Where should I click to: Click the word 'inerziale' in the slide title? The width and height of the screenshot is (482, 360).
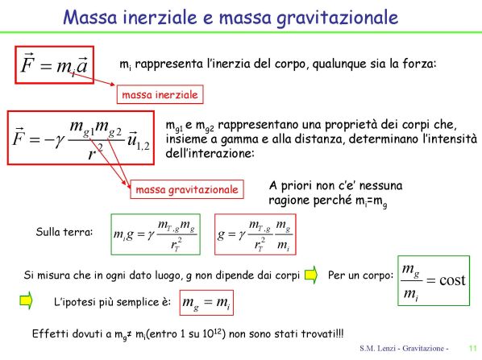pyautogui.click(x=160, y=17)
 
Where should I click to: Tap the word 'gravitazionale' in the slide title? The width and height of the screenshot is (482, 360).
pyautogui.click(x=337, y=19)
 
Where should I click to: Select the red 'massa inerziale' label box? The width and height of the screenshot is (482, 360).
pyautogui.click(x=160, y=94)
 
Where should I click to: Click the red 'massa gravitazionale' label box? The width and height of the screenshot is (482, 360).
pyautogui.click(x=187, y=189)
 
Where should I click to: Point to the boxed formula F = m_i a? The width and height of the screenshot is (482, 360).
pyautogui.click(x=55, y=64)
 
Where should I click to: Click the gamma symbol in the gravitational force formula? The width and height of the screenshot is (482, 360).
pyautogui.click(x=60, y=141)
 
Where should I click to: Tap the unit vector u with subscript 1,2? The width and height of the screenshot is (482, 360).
pyautogui.click(x=139, y=141)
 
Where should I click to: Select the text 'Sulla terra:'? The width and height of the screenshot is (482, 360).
pyautogui.click(x=64, y=232)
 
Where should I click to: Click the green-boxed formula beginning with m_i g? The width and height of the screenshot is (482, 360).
pyautogui.click(x=156, y=234)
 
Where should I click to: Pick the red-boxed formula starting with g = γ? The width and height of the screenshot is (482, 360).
pyautogui.click(x=256, y=234)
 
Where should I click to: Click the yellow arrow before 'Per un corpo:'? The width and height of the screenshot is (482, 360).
pyautogui.click(x=311, y=275)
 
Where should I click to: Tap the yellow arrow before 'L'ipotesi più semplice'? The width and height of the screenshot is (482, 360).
pyautogui.click(x=26, y=300)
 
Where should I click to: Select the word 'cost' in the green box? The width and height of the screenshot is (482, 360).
pyautogui.click(x=452, y=279)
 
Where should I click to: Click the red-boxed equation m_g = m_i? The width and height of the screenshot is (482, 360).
pyautogui.click(x=206, y=303)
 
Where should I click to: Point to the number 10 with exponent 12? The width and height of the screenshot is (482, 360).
pyautogui.click(x=214, y=333)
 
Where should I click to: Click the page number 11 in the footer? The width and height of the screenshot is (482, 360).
pyautogui.click(x=472, y=349)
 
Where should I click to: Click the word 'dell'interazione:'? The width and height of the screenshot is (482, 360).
pyautogui.click(x=210, y=153)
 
